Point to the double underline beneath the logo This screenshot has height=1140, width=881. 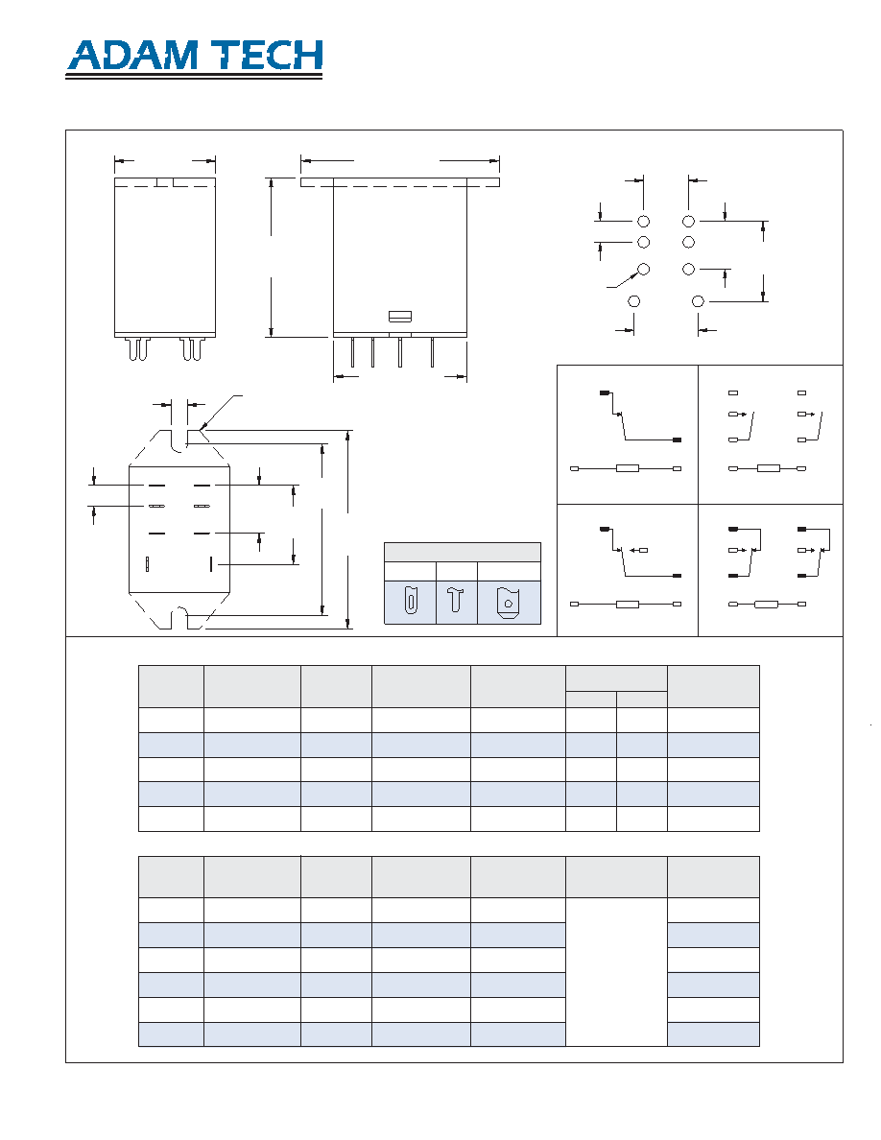pos(194,76)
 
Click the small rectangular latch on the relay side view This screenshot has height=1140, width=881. pos(400,317)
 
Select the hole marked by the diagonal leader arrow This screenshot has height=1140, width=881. pos(643,269)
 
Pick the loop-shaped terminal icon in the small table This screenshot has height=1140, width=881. pos(411,602)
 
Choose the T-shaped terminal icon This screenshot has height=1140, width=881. pos(456,599)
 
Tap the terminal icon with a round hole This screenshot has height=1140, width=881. pos(508,603)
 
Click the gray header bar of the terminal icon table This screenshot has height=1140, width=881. pos(463,552)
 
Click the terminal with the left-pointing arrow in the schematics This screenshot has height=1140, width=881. pos(639,551)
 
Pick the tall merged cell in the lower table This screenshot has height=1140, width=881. pos(616,972)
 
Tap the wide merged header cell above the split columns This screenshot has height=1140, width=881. pos(616,678)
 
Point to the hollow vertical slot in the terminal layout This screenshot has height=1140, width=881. pos(148,563)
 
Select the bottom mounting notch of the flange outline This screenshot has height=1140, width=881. pos(179,620)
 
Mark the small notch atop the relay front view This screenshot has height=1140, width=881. pos(165,181)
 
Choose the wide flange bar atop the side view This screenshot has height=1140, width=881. pos(400,182)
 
